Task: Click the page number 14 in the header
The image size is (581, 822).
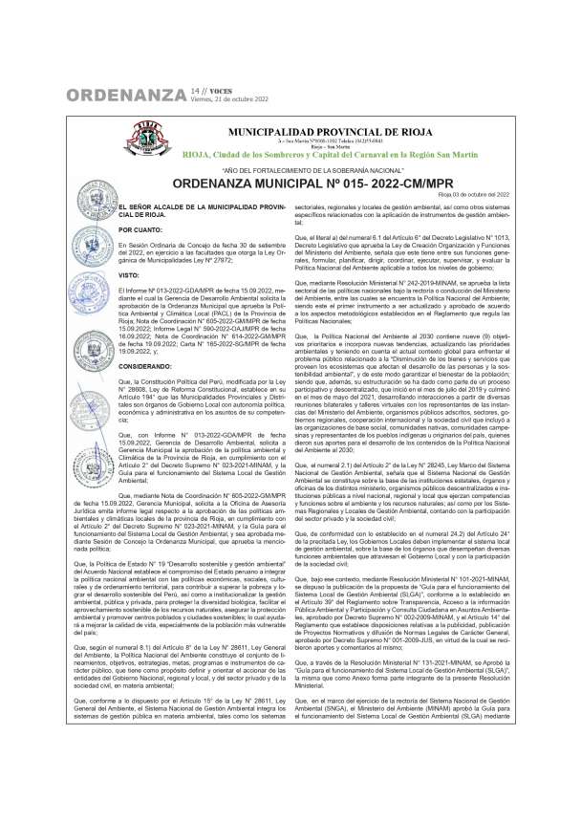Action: (x=194, y=89)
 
